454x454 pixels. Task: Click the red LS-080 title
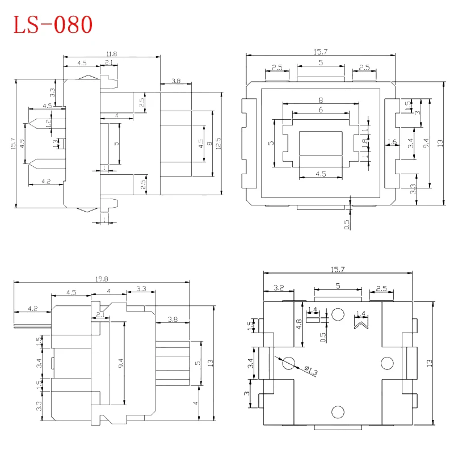tap(52, 24)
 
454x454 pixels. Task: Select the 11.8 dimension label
tap(111, 54)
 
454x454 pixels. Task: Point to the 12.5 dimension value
tap(218, 143)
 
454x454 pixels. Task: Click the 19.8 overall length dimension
tap(102, 279)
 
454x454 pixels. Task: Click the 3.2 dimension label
tap(279, 288)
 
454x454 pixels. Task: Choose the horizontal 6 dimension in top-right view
tap(321, 110)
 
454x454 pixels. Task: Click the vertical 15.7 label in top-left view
tap(12, 144)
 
